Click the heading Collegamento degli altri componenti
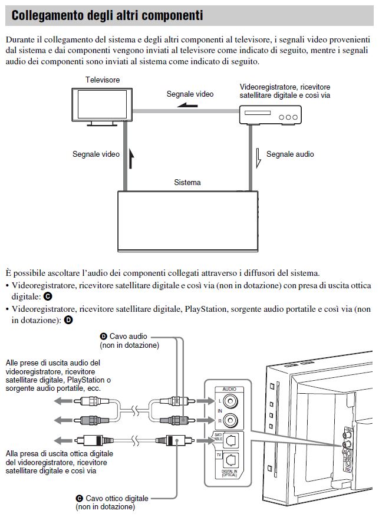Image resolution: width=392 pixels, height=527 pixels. pyautogui.click(x=107, y=16)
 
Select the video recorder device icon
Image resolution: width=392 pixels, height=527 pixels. pyautogui.click(x=269, y=114)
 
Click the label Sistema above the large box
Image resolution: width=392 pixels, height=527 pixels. pyautogui.click(x=187, y=183)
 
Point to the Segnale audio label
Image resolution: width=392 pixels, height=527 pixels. pyautogui.click(x=290, y=154)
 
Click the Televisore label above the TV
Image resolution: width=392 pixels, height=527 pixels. pyautogui.click(x=103, y=80)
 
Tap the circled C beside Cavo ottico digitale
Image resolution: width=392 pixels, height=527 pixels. pyautogui.click(x=80, y=498)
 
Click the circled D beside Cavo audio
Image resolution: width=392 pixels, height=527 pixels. pyautogui.click(x=104, y=336)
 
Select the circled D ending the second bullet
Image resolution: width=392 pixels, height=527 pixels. pyautogui.click(x=68, y=320)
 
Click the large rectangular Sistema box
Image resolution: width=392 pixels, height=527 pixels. pyautogui.click(x=188, y=222)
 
